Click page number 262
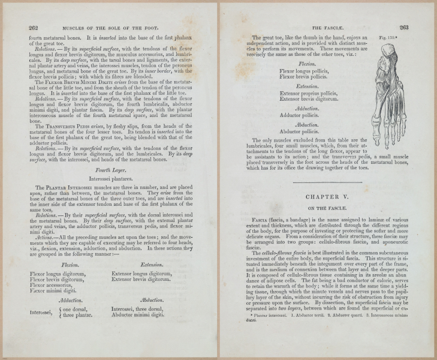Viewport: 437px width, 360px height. [x=34, y=27]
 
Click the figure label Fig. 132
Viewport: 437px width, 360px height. [x=390, y=38]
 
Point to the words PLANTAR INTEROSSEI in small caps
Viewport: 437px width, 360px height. [x=78, y=188]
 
